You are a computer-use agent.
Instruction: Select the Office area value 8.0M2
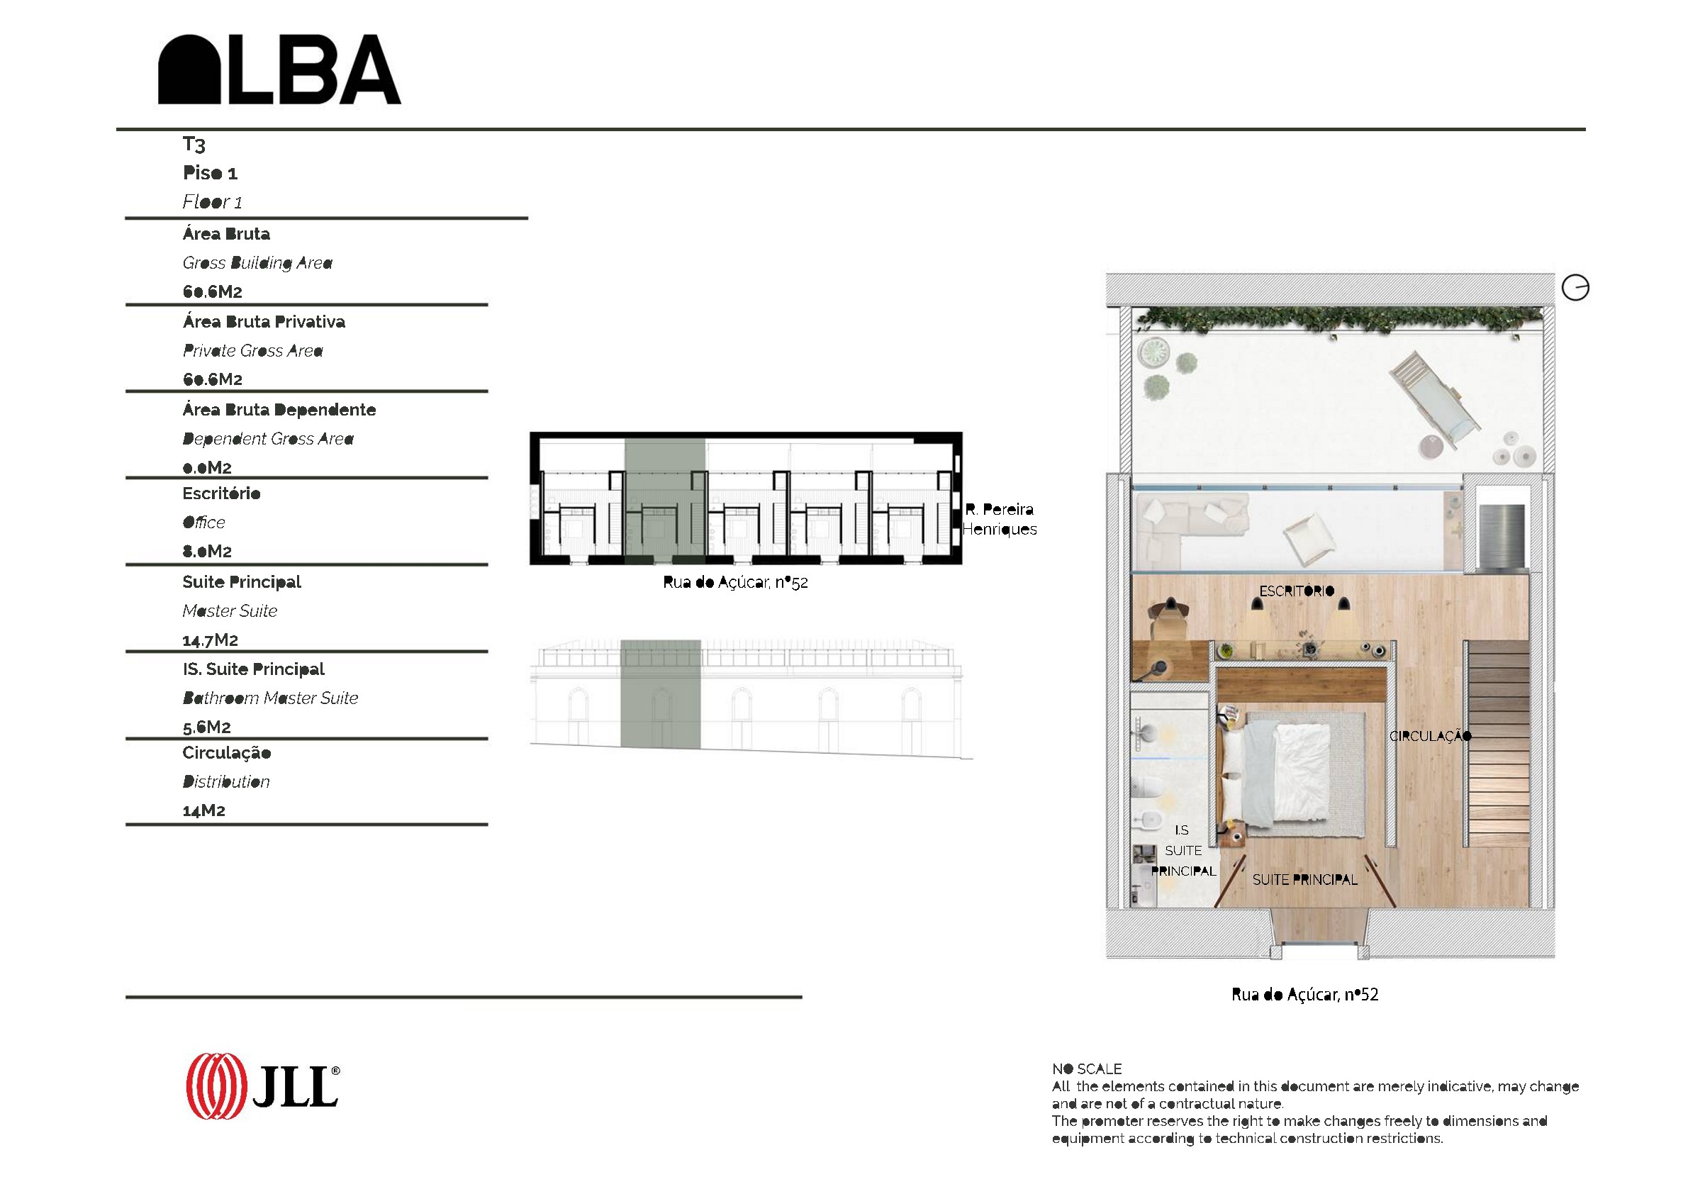click(207, 552)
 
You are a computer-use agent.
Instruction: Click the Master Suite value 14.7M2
click(211, 640)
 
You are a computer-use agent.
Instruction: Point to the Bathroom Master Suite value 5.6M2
click(206, 727)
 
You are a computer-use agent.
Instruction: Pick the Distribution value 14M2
click(203, 811)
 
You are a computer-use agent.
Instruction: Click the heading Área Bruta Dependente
click(279, 410)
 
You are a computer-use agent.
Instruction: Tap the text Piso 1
click(211, 173)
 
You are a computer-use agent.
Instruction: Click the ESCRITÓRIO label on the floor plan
click(1296, 591)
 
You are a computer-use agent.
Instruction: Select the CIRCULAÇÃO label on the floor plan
click(1430, 735)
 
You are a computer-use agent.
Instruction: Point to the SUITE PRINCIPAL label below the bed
click(1305, 879)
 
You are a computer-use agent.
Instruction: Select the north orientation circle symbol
click(1575, 287)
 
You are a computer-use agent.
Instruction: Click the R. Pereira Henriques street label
click(999, 519)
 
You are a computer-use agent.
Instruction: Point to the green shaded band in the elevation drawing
click(660, 693)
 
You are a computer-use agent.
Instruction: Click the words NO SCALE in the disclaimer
click(1087, 1069)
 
